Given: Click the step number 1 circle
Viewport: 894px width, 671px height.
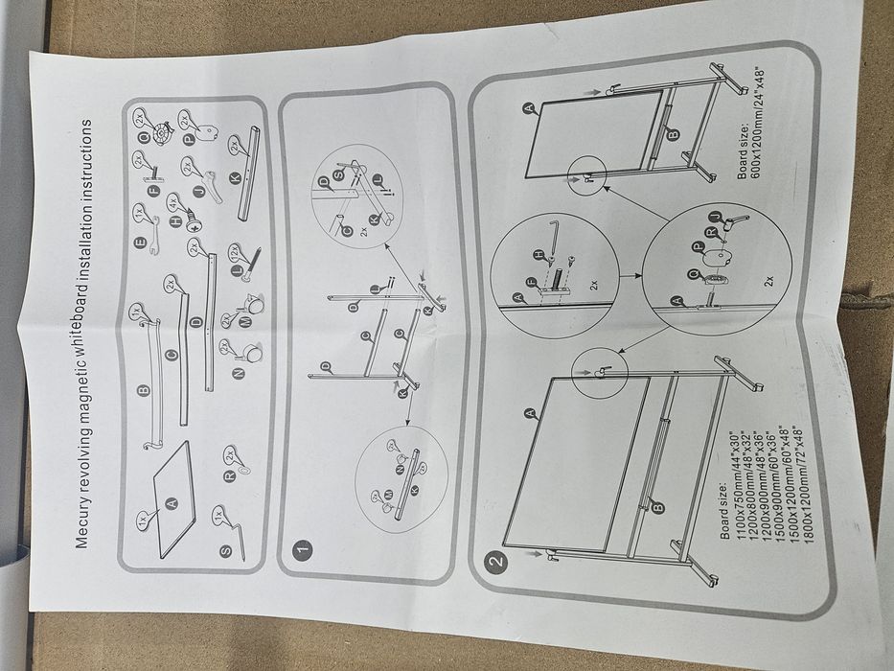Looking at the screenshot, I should pyautogui.click(x=302, y=552).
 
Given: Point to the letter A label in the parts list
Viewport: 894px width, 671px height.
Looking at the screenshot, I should pyautogui.click(x=172, y=503).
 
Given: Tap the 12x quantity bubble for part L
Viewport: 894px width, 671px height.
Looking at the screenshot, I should pyautogui.click(x=233, y=253).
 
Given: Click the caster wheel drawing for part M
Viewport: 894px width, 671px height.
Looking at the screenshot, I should pyautogui.click(x=254, y=306).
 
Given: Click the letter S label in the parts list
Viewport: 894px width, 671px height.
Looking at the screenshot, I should pyautogui.click(x=224, y=551).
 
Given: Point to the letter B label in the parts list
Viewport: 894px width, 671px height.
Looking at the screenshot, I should pyautogui.click(x=144, y=391).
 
